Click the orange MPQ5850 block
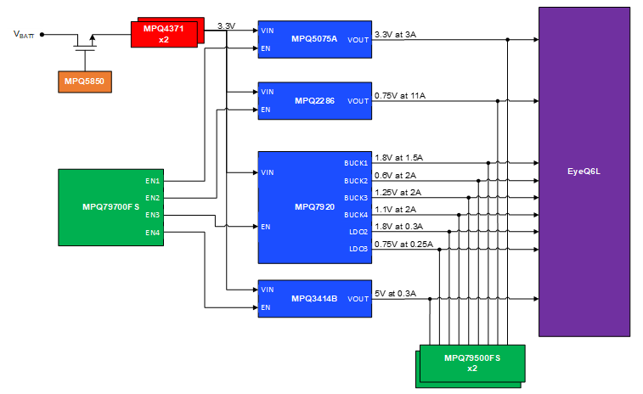(x=84, y=82)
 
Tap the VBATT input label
(x=25, y=35)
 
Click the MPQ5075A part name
(x=314, y=39)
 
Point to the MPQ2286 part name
(x=314, y=101)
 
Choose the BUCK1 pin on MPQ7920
(x=356, y=162)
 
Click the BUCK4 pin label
(x=356, y=215)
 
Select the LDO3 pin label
(x=358, y=249)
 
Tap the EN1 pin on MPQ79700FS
(x=153, y=181)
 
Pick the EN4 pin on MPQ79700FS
(x=153, y=232)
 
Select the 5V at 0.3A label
(x=396, y=294)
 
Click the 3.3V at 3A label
(x=396, y=34)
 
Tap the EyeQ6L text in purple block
(x=584, y=171)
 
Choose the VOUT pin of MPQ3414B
(x=358, y=299)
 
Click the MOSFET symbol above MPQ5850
(x=84, y=42)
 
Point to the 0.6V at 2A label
(x=395, y=175)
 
